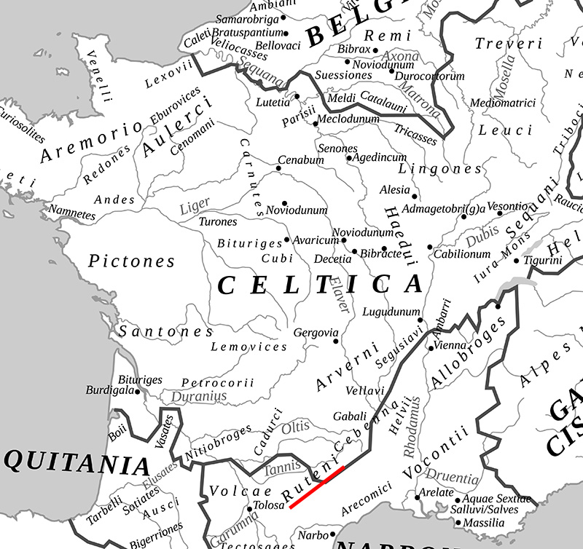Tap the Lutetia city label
(x=273, y=103)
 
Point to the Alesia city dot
(x=415, y=196)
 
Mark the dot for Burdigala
(x=140, y=390)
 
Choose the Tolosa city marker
(x=249, y=509)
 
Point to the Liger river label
(x=195, y=205)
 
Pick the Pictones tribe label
(x=132, y=261)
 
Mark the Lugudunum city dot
(x=420, y=320)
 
